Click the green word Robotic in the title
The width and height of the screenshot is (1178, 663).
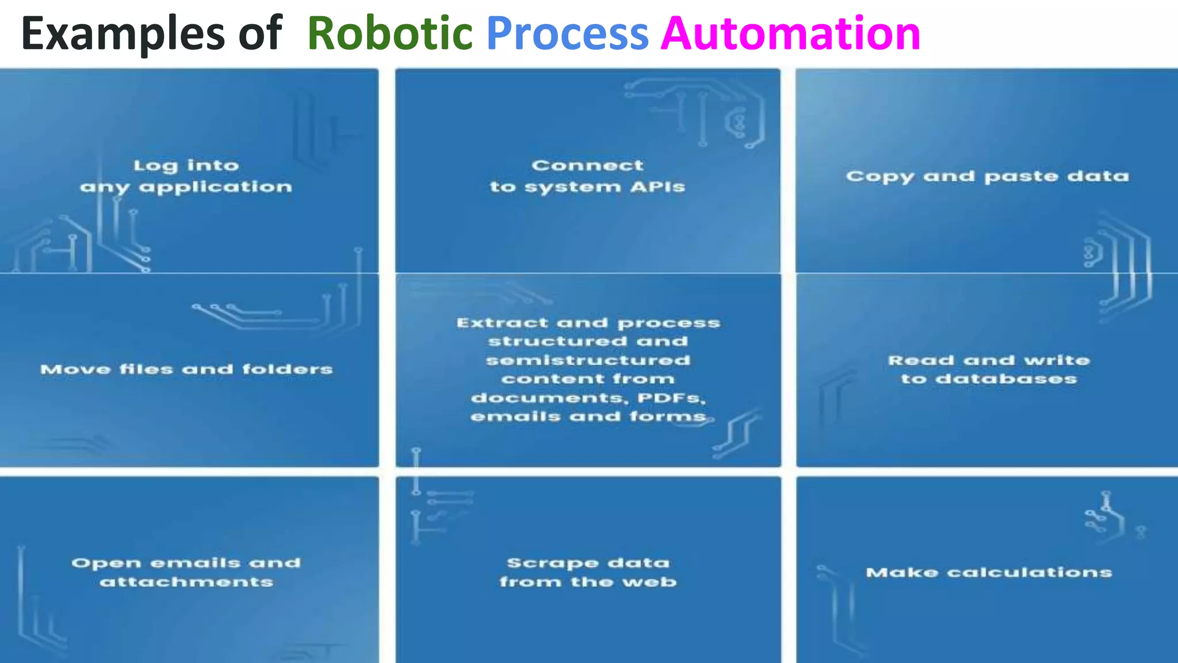point(390,33)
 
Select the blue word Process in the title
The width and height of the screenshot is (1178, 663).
point(567,33)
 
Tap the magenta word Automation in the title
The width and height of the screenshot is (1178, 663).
point(790,33)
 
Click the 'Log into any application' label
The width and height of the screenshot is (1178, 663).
point(186,176)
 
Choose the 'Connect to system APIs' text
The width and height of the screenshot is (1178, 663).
point(587,176)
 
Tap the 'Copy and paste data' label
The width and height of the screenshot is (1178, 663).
point(987,176)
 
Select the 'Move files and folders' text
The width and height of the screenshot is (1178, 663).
point(186,369)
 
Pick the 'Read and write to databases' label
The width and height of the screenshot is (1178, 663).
point(989,369)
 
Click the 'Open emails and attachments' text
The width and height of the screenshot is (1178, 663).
point(186,572)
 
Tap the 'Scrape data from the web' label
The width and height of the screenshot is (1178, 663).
point(588,572)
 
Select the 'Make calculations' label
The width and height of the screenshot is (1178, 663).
point(989,572)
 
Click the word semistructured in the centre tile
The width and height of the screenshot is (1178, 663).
point(588,360)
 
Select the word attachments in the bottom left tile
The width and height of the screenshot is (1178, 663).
point(186,582)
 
